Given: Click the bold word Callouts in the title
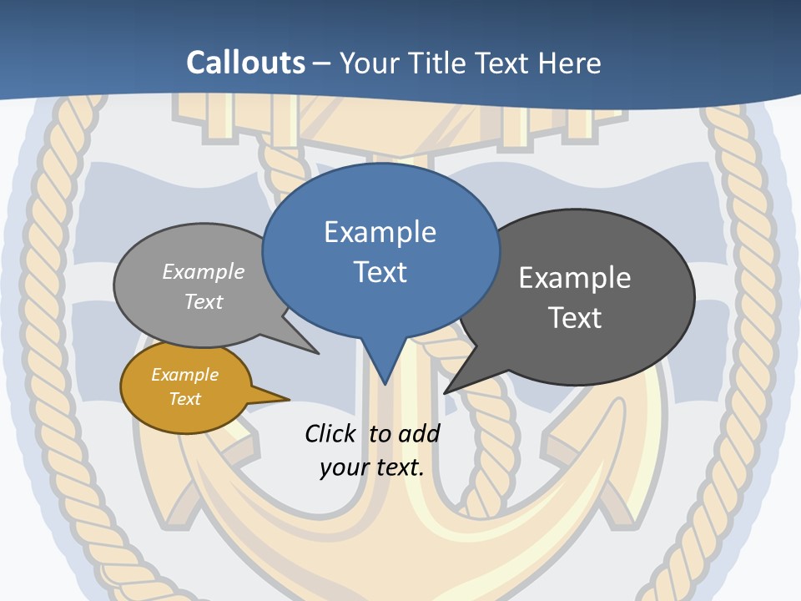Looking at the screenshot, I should click(245, 63).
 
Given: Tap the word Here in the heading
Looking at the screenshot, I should click(570, 63).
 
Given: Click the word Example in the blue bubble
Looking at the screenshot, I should click(380, 232).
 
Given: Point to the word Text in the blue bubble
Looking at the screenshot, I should click(380, 272).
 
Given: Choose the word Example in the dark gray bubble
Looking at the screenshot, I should click(575, 278).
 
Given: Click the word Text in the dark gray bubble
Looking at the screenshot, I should click(575, 318).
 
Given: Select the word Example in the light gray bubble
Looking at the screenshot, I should click(204, 272).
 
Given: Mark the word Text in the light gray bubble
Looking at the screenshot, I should click(204, 301).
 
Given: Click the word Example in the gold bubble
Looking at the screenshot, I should click(184, 375).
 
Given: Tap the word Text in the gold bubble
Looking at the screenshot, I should click(184, 399).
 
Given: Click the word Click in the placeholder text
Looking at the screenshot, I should click(330, 433).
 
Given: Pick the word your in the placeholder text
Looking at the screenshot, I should click(342, 467).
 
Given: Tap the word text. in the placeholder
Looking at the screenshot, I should click(397, 467).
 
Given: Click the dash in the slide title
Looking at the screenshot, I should click(322, 63).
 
